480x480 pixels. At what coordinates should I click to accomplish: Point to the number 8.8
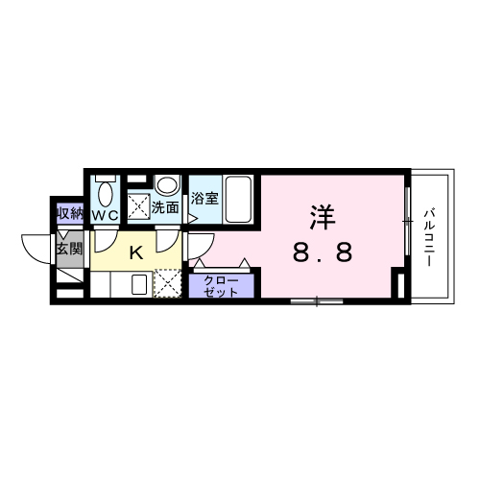pos(323,254)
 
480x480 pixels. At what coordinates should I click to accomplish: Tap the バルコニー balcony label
pos(430,236)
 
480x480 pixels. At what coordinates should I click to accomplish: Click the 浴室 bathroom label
pos(204,200)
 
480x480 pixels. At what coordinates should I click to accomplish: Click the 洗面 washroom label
pos(165,205)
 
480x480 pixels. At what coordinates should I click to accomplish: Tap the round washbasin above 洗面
pos(168,184)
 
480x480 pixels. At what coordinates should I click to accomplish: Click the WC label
pos(105,216)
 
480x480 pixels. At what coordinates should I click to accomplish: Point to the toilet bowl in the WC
pos(106,192)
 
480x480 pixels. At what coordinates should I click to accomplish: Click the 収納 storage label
pos(69,213)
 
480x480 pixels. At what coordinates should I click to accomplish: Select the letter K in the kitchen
pos(136,253)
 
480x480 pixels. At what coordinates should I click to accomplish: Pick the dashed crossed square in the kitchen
pos(168,284)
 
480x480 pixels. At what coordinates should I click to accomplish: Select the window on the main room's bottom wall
pos(317,301)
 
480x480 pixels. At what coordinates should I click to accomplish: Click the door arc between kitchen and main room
pos(194,248)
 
